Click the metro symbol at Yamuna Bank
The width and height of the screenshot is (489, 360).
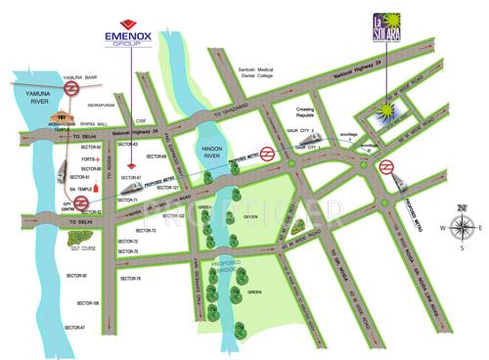[x=70, y=87]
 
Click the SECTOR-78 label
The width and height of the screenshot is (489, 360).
[x=129, y=279]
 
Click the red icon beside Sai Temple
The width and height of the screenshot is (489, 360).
[x=95, y=186]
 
